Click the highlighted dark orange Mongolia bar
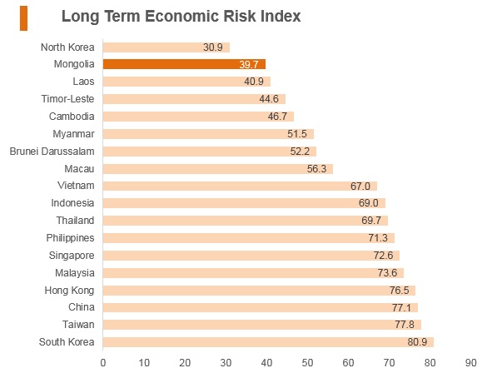[x=184, y=64]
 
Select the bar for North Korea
[x=166, y=47]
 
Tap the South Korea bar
[x=268, y=342]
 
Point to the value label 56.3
[x=316, y=169]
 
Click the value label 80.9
[x=417, y=342]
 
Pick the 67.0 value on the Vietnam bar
[x=360, y=186]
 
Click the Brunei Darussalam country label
[x=52, y=152]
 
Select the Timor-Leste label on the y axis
[x=67, y=99]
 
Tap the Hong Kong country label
[x=69, y=291]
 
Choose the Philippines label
[x=70, y=238]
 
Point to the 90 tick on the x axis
[x=470, y=363]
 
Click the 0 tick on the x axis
[x=103, y=363]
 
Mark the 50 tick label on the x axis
[x=307, y=363]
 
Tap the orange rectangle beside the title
[x=23, y=18]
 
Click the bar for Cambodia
[x=198, y=117]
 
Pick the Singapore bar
[x=251, y=256]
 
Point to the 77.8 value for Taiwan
[x=405, y=325]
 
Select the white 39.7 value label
[x=249, y=65]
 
